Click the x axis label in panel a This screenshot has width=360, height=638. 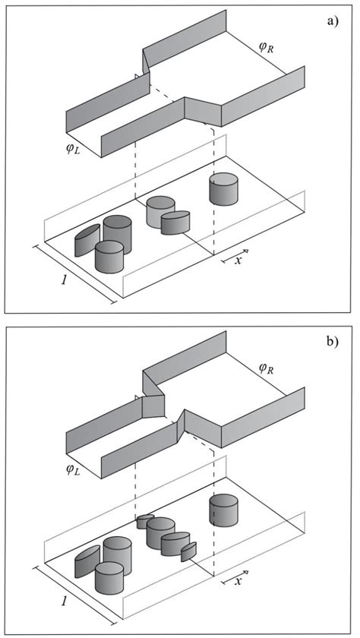click(238, 260)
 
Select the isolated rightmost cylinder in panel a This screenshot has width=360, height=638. click(223, 189)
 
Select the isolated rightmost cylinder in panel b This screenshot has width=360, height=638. click(223, 510)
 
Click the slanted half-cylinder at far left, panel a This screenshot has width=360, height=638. click(86, 240)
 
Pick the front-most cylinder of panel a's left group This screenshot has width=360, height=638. click(109, 257)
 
